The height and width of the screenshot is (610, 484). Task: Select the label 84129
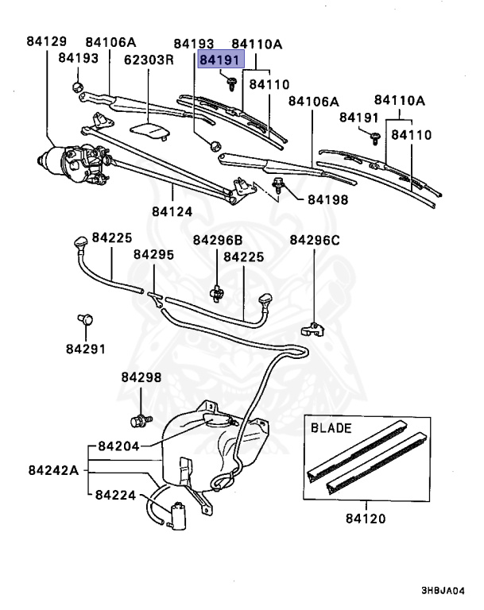tap(47, 41)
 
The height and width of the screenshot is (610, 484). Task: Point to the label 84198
tap(323, 199)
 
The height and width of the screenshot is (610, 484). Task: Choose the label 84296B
tap(217, 240)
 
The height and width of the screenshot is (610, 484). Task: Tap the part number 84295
tap(153, 255)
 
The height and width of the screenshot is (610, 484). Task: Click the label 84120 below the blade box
tap(366, 519)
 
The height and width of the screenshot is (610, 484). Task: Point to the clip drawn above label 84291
tap(85, 319)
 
